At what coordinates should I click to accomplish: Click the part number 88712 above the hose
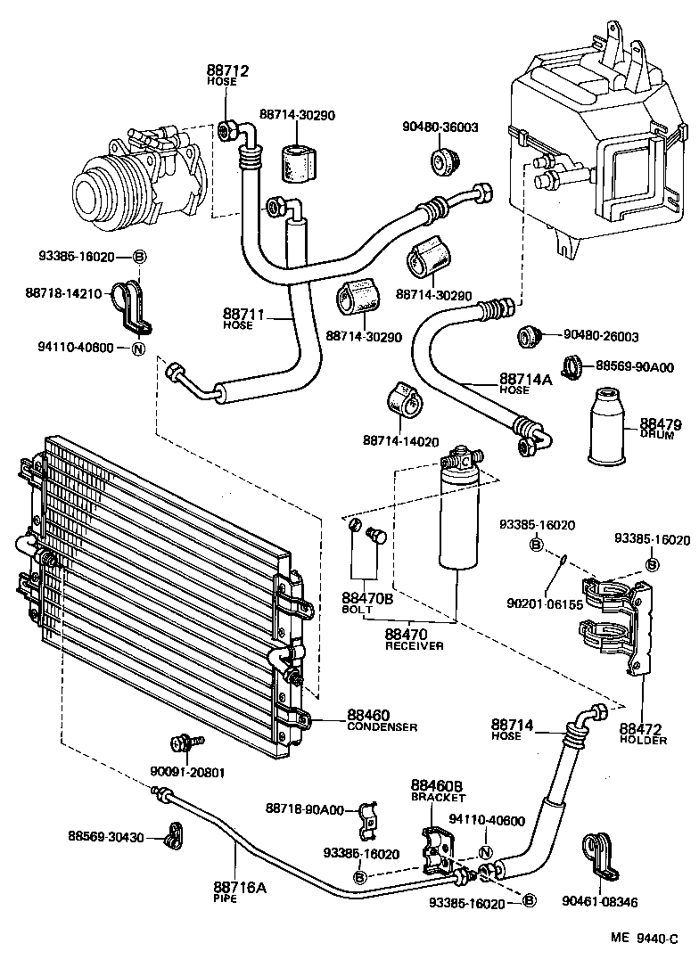pyautogui.click(x=227, y=70)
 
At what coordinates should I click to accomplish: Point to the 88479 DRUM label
pyautogui.click(x=656, y=426)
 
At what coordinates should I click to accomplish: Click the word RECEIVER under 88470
pyautogui.click(x=414, y=645)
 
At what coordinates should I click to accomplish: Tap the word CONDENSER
pyautogui.click(x=382, y=726)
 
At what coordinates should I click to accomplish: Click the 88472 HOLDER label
pyautogui.click(x=643, y=733)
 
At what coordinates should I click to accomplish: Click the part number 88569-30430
pyautogui.click(x=106, y=836)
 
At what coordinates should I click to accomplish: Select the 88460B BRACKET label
pyautogui.click(x=438, y=791)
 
